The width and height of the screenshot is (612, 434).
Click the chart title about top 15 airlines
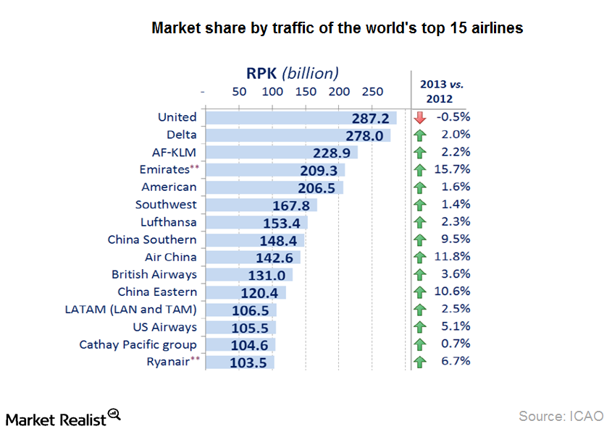[337, 28]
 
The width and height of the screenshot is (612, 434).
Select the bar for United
[301, 118]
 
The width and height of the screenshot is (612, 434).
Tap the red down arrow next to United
[419, 118]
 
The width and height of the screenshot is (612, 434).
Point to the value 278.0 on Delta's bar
[359, 135]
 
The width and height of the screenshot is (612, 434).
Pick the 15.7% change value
[452, 169]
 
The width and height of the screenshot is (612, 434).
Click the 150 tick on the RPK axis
[306, 92]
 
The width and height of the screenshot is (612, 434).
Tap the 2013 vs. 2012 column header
[441, 91]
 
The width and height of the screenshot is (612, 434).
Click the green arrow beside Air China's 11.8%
[419, 258]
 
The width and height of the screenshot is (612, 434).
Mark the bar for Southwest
[261, 205]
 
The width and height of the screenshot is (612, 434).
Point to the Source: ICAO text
[561, 416]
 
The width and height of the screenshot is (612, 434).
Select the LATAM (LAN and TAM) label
[130, 310]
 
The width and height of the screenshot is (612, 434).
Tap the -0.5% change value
[453, 117]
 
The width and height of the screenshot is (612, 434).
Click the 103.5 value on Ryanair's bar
[249, 362]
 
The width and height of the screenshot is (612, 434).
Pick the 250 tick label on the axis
[372, 92]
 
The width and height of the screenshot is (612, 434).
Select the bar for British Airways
[248, 275]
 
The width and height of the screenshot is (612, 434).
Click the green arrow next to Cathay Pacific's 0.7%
[419, 344]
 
